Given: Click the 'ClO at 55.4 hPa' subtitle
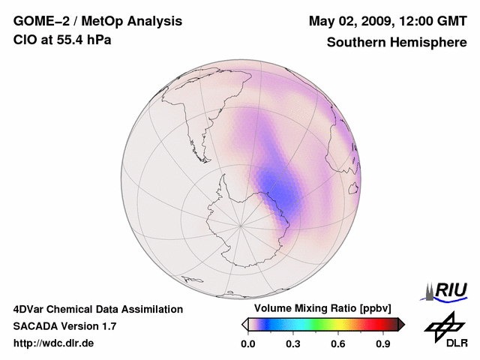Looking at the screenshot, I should (62, 40).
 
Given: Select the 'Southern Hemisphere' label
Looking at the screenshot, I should (397, 43).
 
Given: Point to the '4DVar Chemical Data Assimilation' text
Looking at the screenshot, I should (98, 309).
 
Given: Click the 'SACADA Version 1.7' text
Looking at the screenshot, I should (64, 326).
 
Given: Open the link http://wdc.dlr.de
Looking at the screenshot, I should (54, 343).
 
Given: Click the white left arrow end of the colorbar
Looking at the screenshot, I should (244, 324).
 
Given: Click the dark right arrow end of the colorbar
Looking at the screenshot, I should (401, 324).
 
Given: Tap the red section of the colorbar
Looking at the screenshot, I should (371, 324).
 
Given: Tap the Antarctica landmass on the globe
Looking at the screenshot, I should (240, 217).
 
